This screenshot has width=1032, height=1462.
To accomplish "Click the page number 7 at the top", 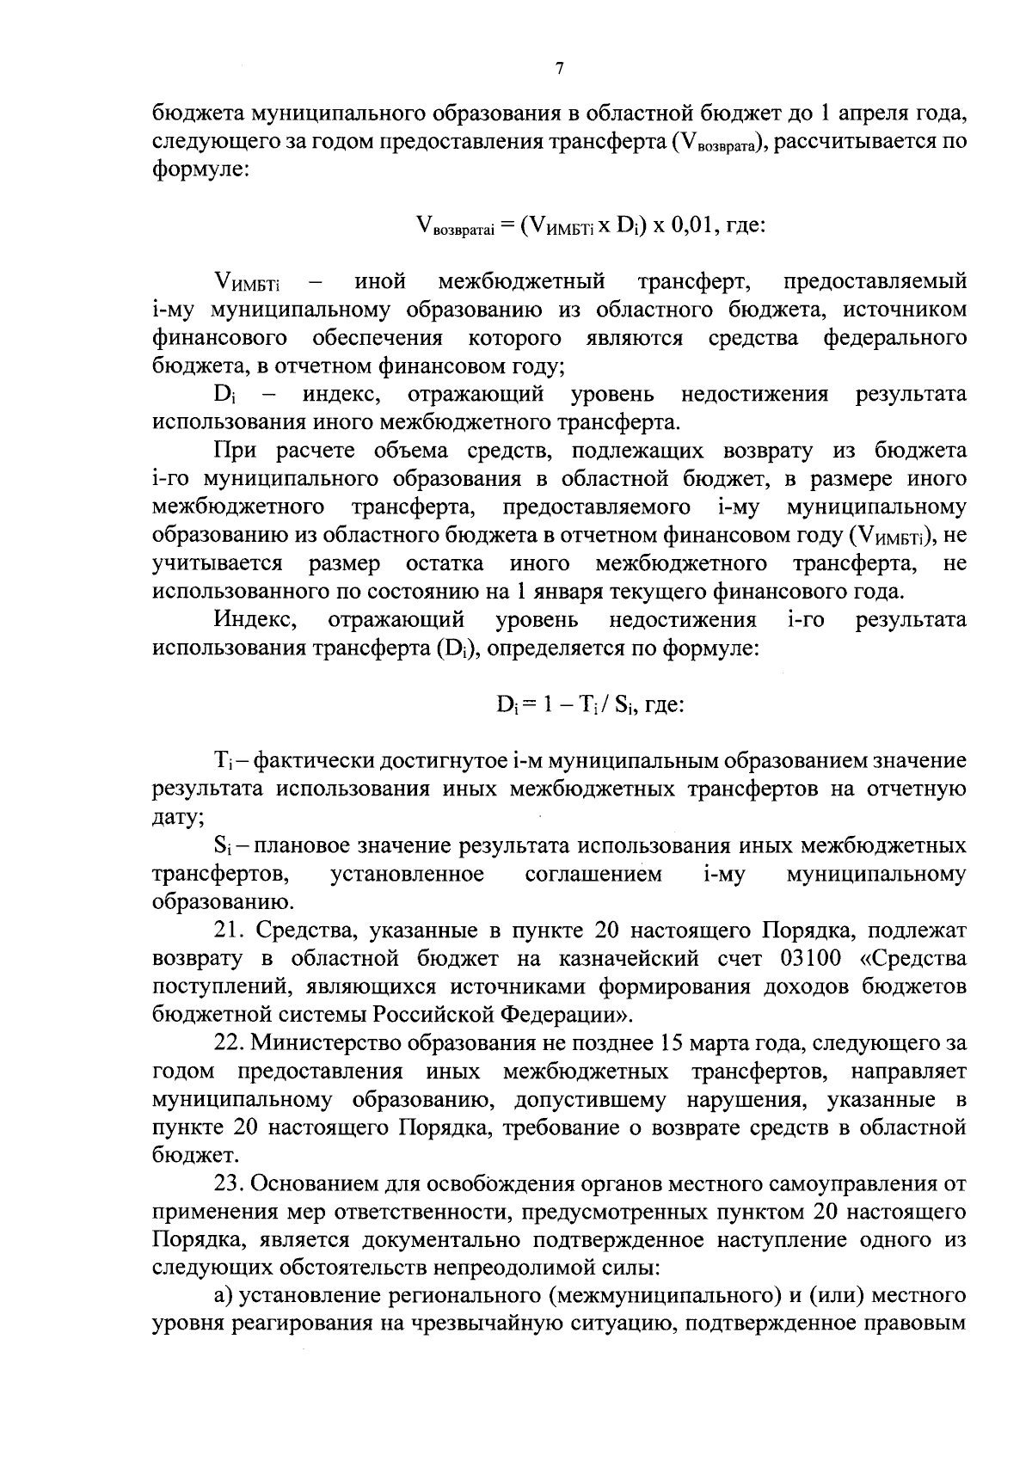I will pyautogui.click(x=559, y=69).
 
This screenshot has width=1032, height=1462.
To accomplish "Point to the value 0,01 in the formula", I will pyautogui.click(x=693, y=224).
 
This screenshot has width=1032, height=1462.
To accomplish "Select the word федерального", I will pyautogui.click(x=894, y=338).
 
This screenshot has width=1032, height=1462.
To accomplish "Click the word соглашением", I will pyautogui.click(x=593, y=874).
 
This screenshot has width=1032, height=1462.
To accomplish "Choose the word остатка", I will pyautogui.click(x=444, y=563).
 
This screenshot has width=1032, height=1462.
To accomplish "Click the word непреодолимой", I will pyautogui.click(x=501, y=1268).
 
